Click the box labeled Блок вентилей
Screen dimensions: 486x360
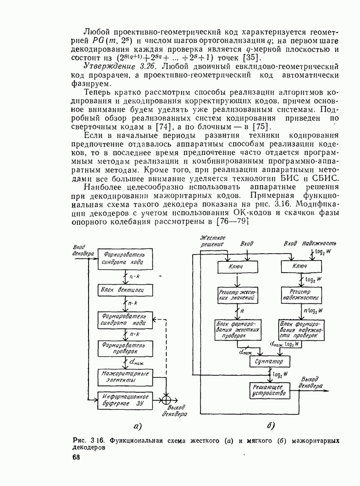point(122,290)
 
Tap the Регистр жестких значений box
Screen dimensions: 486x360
point(237,295)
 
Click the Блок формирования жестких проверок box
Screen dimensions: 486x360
point(237,328)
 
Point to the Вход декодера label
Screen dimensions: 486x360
point(82,250)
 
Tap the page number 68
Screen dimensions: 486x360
point(76,458)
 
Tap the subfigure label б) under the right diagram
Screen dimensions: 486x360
point(271,426)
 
